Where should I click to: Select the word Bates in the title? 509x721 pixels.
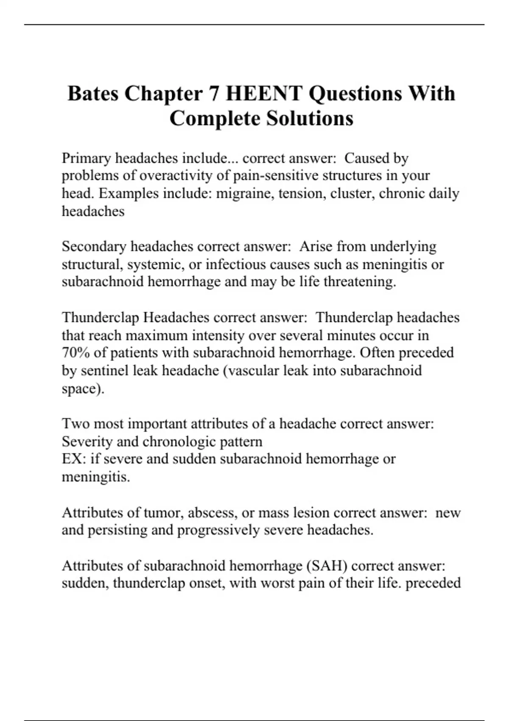[93, 94]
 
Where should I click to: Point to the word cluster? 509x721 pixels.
[352, 193]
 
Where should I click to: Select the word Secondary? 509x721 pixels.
[94, 246]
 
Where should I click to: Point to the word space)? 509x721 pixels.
[83, 389]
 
